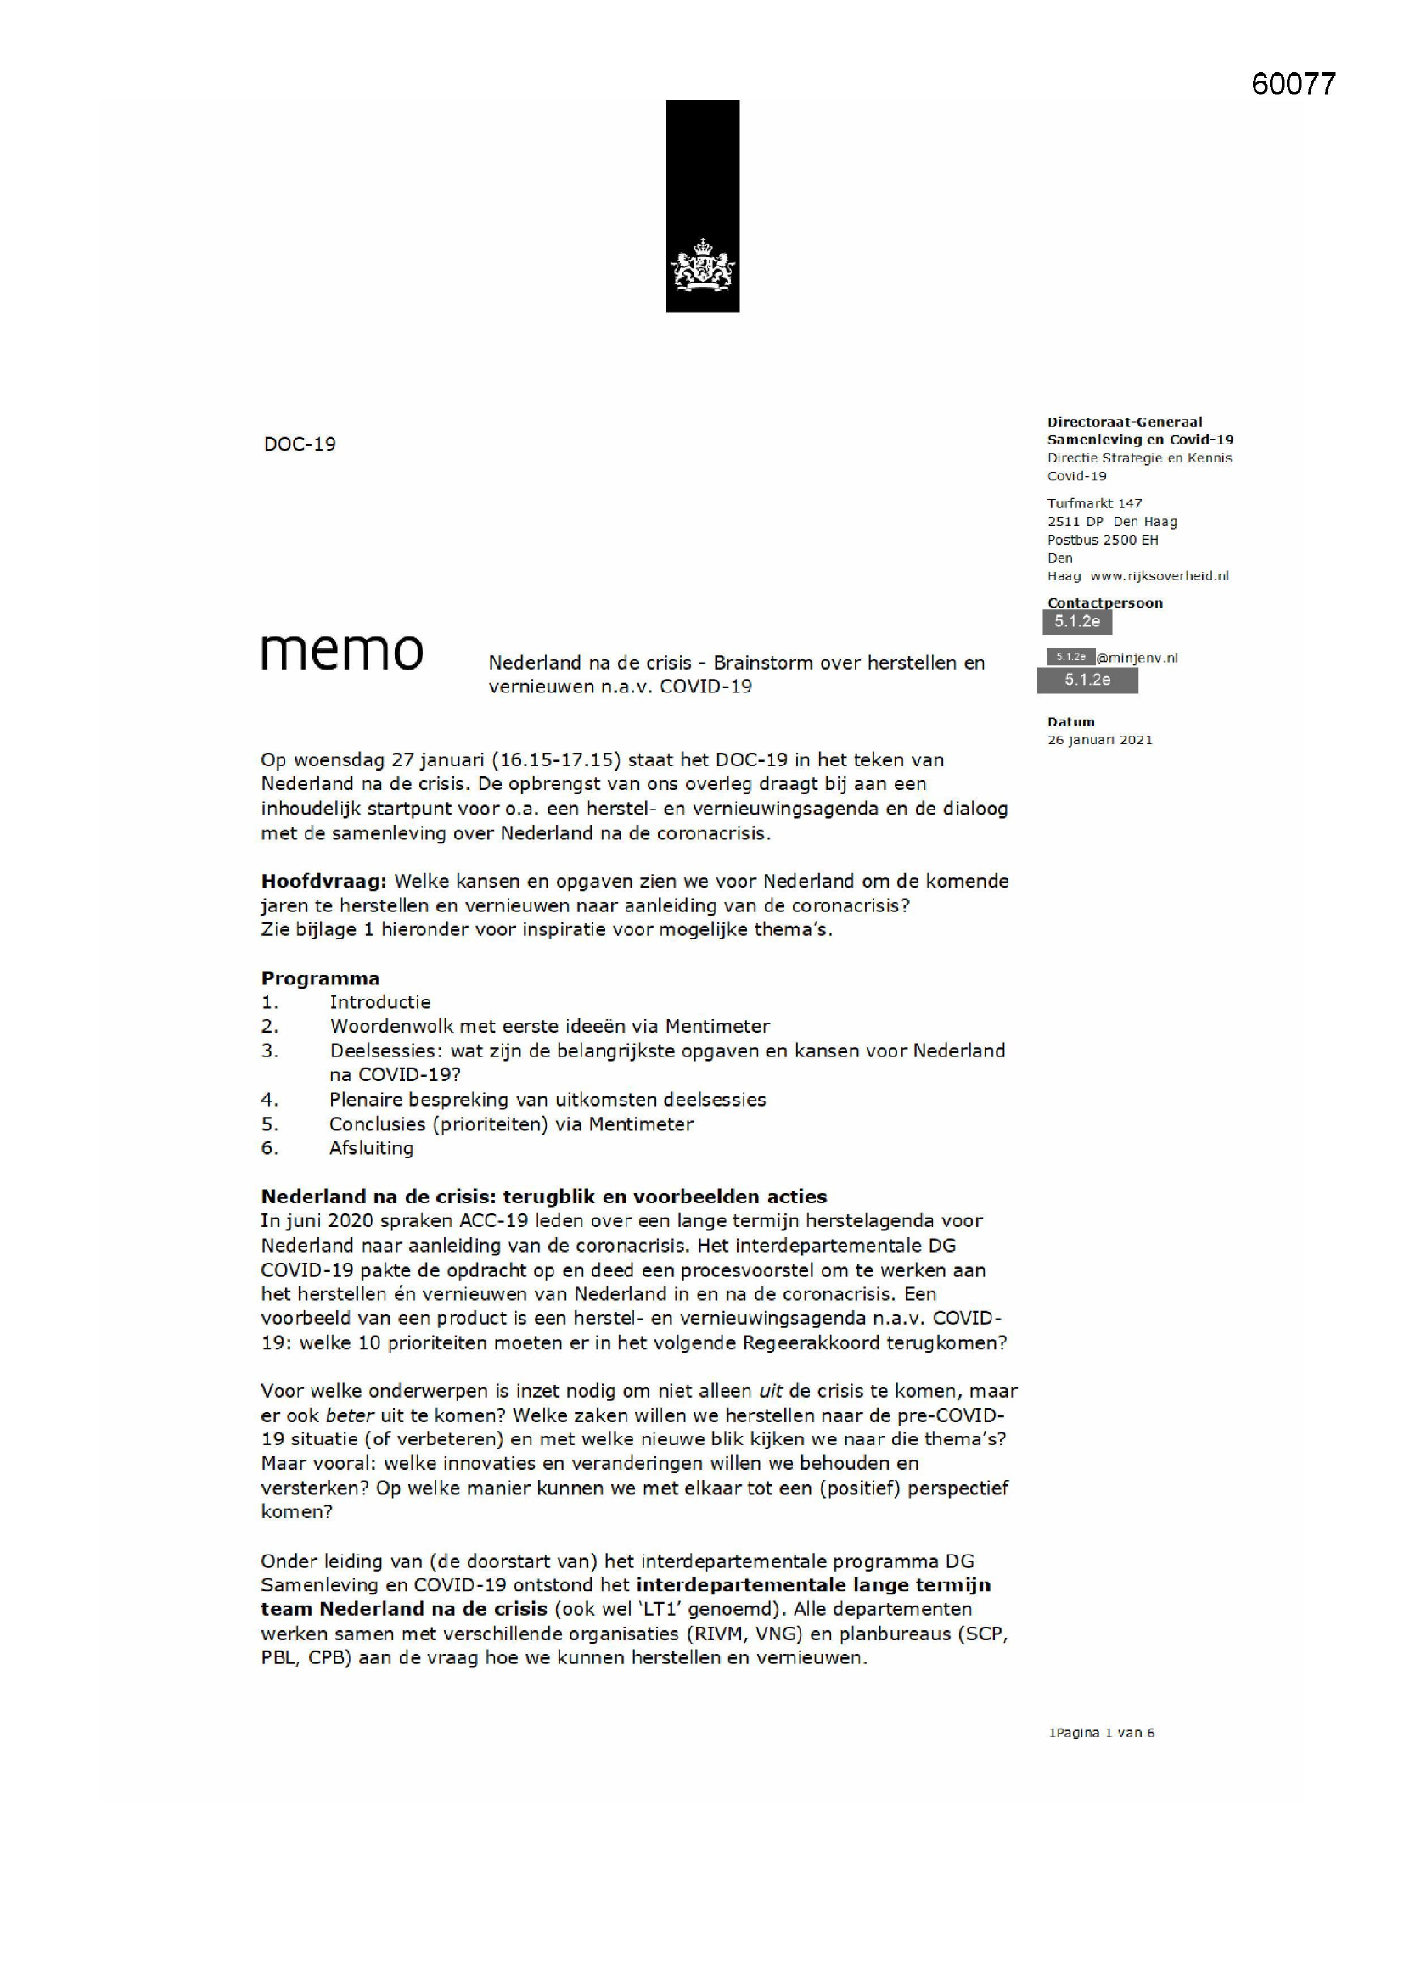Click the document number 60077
pyautogui.click(x=1293, y=84)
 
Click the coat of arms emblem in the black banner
pyautogui.click(x=702, y=266)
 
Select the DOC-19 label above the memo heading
pyautogui.click(x=299, y=444)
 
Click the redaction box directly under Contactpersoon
pyautogui.click(x=1076, y=621)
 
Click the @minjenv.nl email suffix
pyautogui.click(x=1137, y=658)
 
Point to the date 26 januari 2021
pyautogui.click(x=1098, y=740)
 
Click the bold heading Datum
pyautogui.click(x=1070, y=721)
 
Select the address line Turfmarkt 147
pyautogui.click(x=1093, y=503)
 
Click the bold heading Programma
pyautogui.click(x=320, y=978)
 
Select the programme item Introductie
pyautogui.click(x=379, y=1002)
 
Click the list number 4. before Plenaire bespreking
pyautogui.click(x=269, y=1100)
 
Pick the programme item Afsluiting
pyautogui.click(x=371, y=1148)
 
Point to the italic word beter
pyautogui.click(x=350, y=1415)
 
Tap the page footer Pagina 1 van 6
pyautogui.click(x=1102, y=1733)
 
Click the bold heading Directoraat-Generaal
pyautogui.click(x=1124, y=422)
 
